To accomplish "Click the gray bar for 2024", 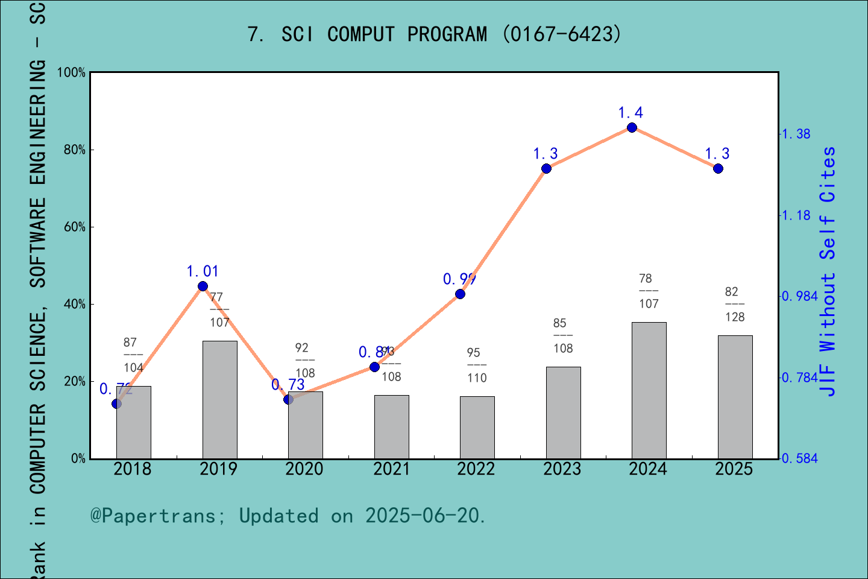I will pyautogui.click(x=649, y=390).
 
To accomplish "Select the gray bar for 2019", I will pyautogui.click(x=219, y=399).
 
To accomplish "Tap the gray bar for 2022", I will pyautogui.click(x=477, y=427).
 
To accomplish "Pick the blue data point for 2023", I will pyautogui.click(x=546, y=169).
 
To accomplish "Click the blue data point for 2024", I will pyautogui.click(x=632, y=127).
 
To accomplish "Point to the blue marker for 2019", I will pyautogui.click(x=203, y=286).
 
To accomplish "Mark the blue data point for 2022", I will pyautogui.click(x=460, y=294).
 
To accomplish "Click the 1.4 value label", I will pyautogui.click(x=631, y=113).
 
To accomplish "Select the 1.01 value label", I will pyautogui.click(x=203, y=271).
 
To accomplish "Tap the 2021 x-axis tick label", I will pyautogui.click(x=391, y=469).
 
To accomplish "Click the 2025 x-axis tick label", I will pyautogui.click(x=734, y=469).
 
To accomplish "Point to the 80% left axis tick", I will pyautogui.click(x=75, y=150).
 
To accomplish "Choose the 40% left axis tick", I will pyautogui.click(x=75, y=305).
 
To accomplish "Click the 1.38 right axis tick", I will pyautogui.click(x=796, y=134).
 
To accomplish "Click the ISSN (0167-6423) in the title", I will pyautogui.click(x=561, y=34).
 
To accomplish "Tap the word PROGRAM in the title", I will pyautogui.click(x=447, y=34).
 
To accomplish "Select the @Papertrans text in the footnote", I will pyautogui.click(x=153, y=516).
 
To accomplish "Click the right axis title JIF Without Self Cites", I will pyautogui.click(x=828, y=271).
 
